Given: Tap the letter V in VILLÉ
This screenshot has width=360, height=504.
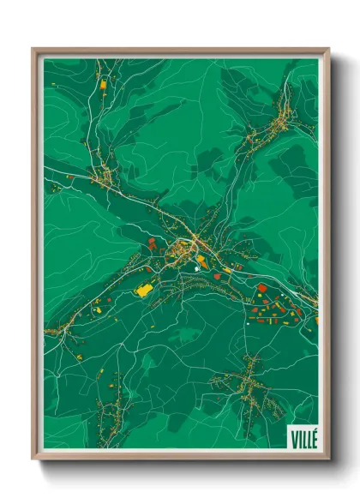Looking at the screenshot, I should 292,435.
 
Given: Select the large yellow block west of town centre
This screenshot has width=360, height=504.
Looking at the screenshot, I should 143,291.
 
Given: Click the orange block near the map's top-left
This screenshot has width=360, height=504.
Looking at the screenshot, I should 104,84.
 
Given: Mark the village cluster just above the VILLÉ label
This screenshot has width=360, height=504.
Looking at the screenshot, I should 249,381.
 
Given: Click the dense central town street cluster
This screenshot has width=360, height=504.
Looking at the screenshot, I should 183,249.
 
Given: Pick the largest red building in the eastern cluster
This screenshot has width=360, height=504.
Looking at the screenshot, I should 262,288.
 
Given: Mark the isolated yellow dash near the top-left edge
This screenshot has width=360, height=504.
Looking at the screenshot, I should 52,84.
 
